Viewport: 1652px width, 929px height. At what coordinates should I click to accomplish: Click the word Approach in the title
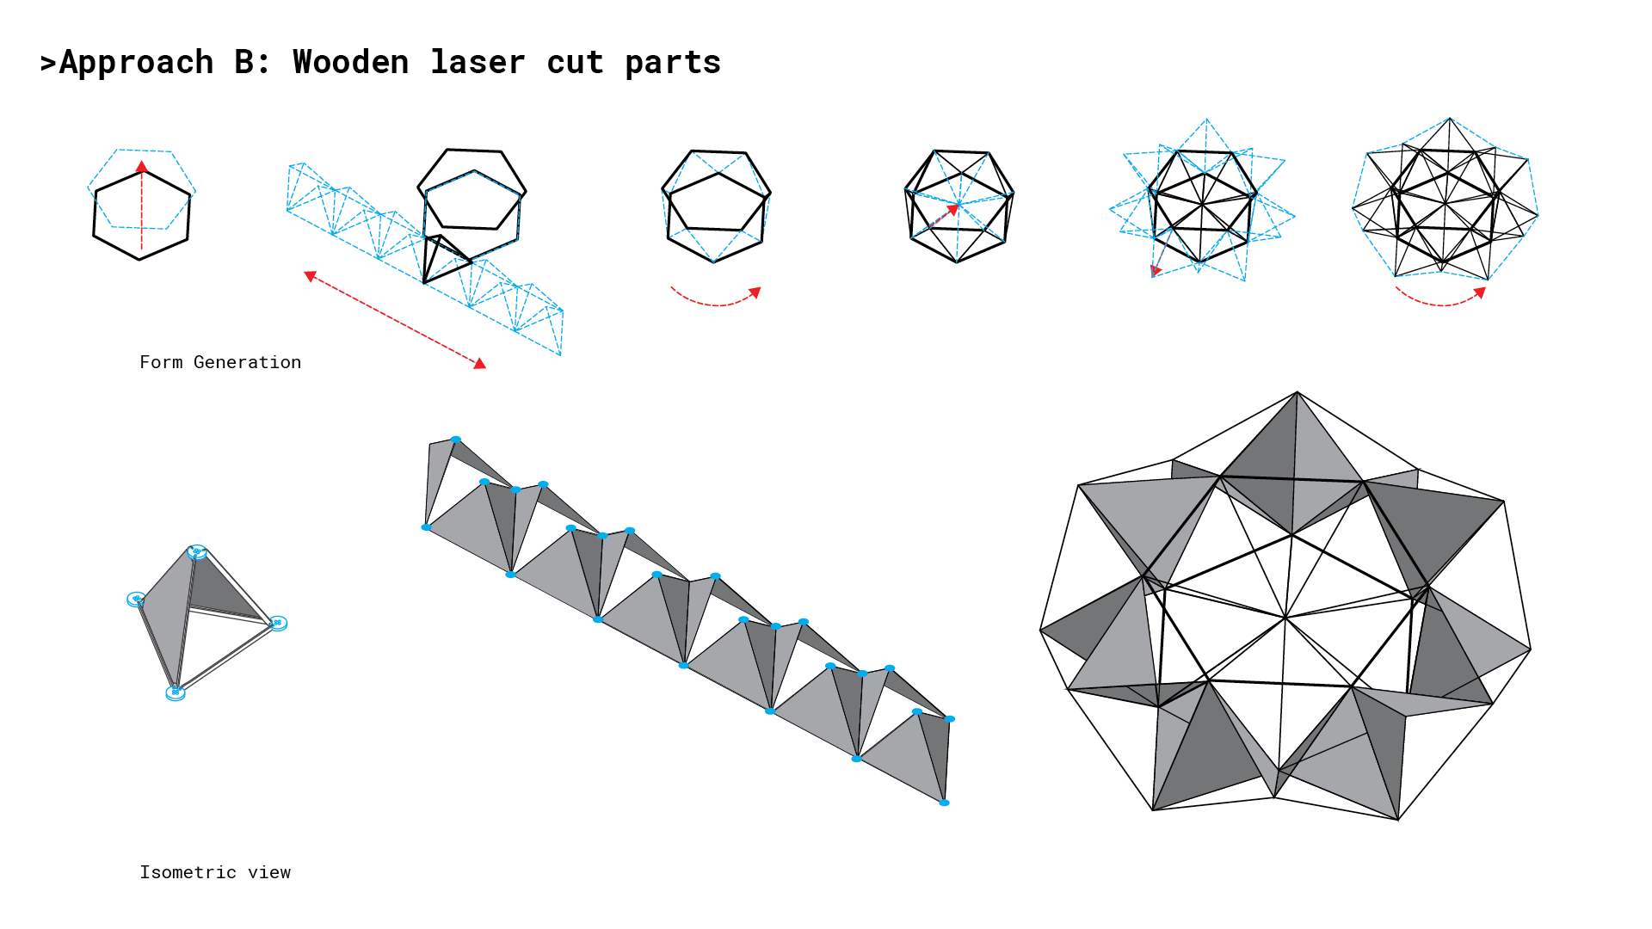pos(136,63)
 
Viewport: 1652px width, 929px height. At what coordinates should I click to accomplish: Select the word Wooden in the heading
pos(351,62)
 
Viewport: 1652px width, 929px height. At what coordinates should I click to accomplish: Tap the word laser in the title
pos(478,62)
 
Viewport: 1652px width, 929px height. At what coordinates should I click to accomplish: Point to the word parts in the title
pos(673,63)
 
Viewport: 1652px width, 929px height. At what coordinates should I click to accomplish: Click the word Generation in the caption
pos(248,362)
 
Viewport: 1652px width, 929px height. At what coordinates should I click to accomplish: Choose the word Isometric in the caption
pos(188,872)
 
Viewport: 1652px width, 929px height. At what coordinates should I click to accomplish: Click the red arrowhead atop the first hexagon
pos(142,166)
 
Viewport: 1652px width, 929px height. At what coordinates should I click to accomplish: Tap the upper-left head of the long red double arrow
pos(310,276)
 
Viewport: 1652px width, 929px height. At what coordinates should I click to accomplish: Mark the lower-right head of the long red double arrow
pos(480,364)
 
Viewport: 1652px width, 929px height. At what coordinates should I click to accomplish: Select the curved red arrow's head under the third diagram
pos(755,292)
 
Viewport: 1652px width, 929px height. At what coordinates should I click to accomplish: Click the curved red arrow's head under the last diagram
pos(1480,292)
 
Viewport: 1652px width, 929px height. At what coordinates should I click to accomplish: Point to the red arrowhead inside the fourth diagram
pos(953,209)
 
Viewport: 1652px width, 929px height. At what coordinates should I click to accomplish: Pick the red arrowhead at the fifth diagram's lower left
pos(1156,271)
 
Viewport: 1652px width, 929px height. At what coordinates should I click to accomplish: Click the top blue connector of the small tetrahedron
pos(197,551)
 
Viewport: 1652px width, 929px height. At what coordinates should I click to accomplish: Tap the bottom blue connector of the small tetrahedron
pos(175,692)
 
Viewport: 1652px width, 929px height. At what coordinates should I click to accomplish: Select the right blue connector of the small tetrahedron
pos(278,623)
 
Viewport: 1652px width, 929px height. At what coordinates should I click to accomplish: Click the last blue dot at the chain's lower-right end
pos(944,803)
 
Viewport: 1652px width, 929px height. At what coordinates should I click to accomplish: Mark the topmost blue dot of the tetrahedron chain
pos(456,440)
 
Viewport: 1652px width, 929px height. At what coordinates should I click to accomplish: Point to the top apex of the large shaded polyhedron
pos(1298,392)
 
